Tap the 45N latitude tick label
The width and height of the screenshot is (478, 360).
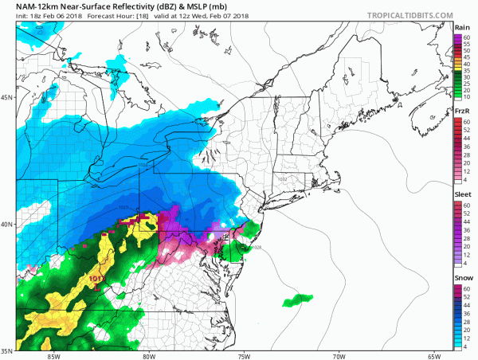pos(7,98)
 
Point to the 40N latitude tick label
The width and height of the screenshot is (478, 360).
pos(7,224)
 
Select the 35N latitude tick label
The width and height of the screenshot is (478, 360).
pos(7,350)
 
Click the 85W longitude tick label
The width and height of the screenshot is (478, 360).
pos(54,355)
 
